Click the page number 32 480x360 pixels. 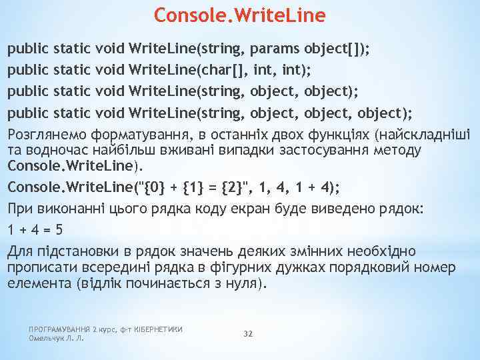248,333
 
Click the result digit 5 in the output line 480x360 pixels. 59,230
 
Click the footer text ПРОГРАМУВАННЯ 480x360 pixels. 58,329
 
